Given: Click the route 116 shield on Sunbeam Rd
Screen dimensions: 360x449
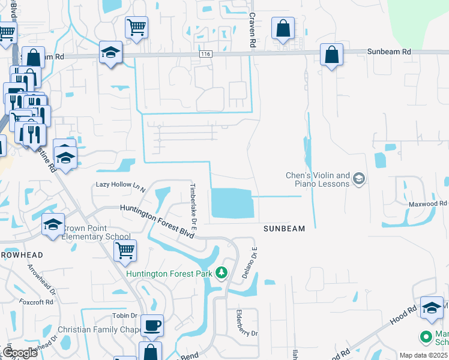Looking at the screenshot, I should (206, 54).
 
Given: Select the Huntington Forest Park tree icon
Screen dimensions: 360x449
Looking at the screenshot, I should (222, 274).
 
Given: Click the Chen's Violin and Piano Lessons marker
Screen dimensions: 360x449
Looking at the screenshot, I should (358, 179).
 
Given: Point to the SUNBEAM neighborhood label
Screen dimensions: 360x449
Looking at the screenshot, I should (285, 229).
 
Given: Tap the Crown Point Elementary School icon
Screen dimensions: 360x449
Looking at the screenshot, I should (53, 225).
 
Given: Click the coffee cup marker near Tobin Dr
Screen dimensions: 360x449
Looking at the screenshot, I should (152, 325).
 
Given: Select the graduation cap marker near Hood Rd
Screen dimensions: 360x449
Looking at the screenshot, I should (432, 307).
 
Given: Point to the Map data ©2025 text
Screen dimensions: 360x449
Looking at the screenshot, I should (423, 355).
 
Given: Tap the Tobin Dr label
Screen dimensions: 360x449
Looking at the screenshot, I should (125, 316).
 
